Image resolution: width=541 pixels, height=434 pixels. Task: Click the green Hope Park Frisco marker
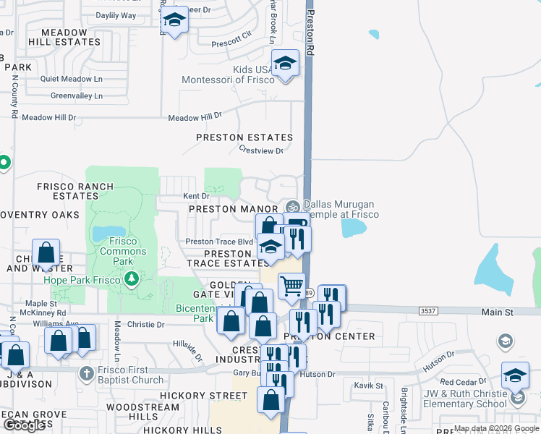[x=131, y=278]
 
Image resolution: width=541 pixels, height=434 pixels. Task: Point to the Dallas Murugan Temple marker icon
[x=292, y=205]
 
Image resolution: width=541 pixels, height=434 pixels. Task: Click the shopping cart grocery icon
[x=292, y=285]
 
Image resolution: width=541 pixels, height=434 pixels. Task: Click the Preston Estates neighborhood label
[x=245, y=137]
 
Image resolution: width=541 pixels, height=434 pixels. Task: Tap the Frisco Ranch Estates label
[x=76, y=191]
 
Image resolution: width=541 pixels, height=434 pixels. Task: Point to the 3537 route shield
[x=427, y=310]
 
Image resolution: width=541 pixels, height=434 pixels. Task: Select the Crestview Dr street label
[x=261, y=150]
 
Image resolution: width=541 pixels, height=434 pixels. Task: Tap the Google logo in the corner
[x=24, y=425]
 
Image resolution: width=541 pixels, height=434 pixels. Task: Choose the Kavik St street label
[x=369, y=386]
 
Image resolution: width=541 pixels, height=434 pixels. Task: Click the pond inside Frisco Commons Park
[x=99, y=233]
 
